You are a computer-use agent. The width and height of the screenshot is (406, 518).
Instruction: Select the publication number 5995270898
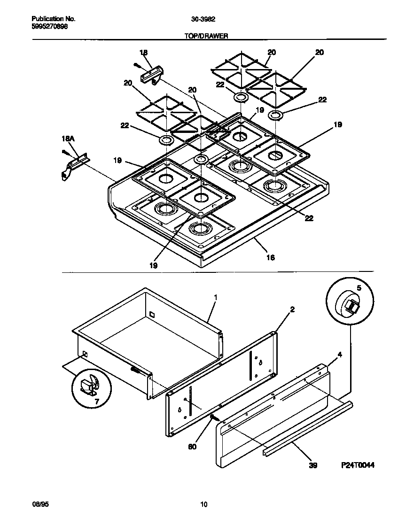click(49, 27)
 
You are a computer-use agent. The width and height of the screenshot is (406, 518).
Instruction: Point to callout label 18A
click(69, 139)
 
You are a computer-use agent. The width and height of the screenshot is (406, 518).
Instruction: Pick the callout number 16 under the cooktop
click(270, 257)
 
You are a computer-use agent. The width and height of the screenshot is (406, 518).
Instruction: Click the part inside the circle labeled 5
click(350, 307)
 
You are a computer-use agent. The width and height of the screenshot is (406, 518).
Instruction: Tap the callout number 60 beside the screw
click(193, 447)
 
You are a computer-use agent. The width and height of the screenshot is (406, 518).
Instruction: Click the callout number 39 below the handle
click(313, 465)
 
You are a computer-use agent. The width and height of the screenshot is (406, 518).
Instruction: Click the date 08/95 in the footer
click(39, 505)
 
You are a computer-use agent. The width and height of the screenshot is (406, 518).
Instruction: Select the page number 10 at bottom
click(203, 505)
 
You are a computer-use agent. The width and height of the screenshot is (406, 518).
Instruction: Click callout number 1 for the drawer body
click(215, 297)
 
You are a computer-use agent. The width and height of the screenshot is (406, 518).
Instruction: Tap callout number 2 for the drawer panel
click(292, 309)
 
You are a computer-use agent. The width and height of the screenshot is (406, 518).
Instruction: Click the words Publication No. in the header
click(53, 19)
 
